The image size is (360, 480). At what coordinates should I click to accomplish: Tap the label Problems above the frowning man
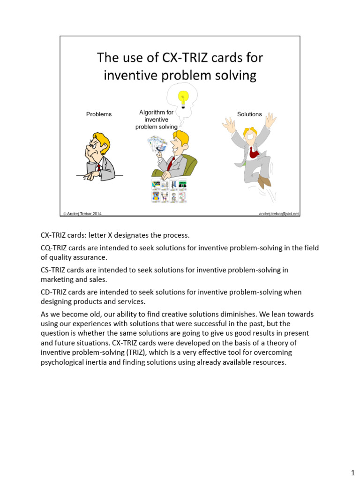tap(99, 114)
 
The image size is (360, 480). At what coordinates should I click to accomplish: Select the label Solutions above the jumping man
tap(249, 114)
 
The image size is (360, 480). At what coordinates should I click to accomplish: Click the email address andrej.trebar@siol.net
tap(278, 214)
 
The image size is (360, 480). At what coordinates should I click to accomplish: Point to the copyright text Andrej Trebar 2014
tap(82, 214)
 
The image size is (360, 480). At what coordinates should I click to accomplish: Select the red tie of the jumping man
tap(253, 151)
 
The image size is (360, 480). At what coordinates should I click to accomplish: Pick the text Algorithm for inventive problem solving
tap(157, 120)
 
